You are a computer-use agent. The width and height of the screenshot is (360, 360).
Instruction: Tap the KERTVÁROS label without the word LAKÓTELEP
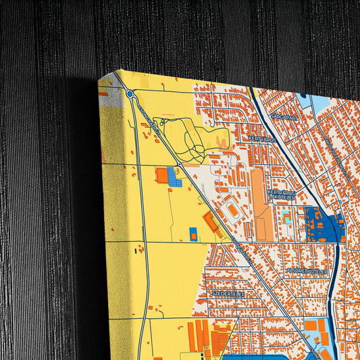coord(262,138)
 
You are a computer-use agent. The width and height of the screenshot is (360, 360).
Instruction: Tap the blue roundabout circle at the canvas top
coord(129,95)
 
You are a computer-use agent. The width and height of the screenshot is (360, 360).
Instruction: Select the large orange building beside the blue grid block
coord(161,176)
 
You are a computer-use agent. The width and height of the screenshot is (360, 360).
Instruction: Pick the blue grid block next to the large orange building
coord(174,178)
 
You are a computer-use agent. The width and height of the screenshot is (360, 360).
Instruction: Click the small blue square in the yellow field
coord(193,234)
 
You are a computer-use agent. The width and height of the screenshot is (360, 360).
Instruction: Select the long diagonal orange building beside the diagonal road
coord(211,223)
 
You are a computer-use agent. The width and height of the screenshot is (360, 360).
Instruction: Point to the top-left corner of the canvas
coord(99,80)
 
